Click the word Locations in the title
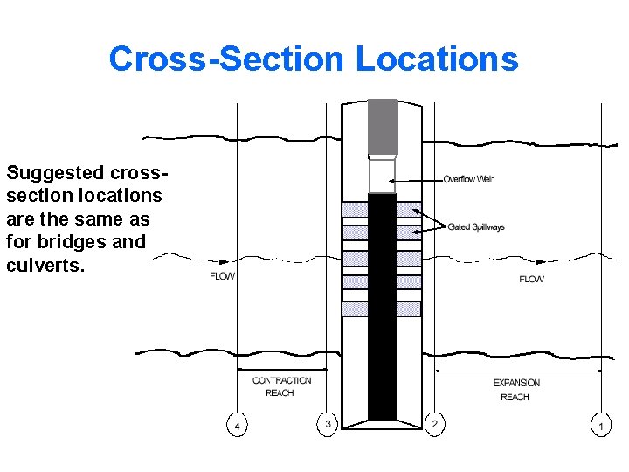(437, 59)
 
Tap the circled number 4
(236, 426)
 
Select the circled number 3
(328, 424)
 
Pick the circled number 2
(434, 424)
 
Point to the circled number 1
(599, 426)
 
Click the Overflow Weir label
(468, 179)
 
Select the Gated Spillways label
(476, 227)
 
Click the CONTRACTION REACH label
(281, 386)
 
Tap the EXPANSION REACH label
(516, 390)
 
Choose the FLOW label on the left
(223, 276)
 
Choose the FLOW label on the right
(531, 279)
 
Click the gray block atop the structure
(383, 128)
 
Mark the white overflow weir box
(383, 175)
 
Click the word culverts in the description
(45, 265)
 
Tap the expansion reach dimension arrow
(517, 371)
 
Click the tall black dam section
(383, 306)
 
